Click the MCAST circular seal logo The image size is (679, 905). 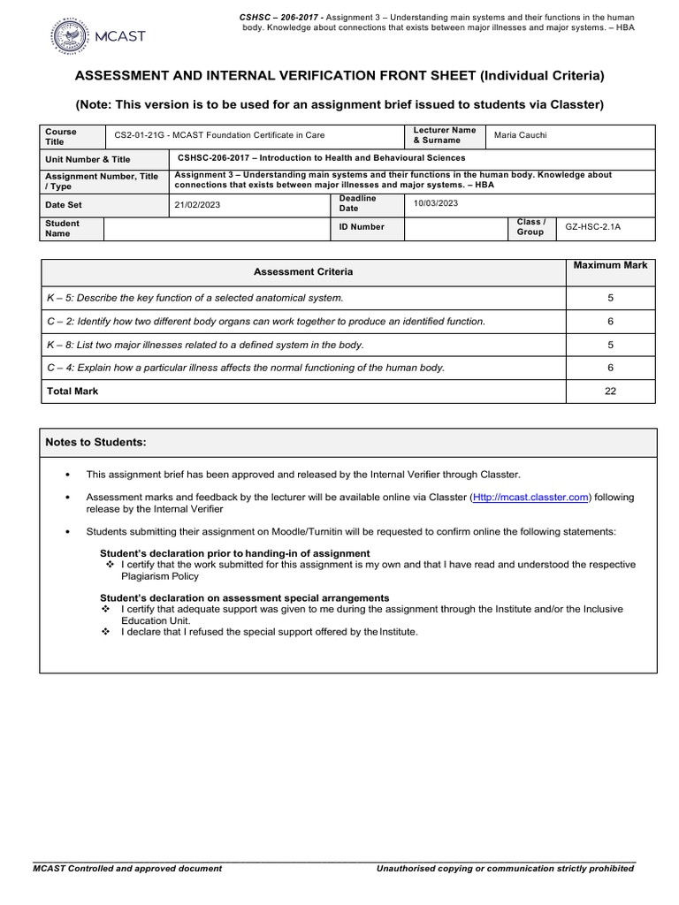(69, 36)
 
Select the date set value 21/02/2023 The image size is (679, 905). (200, 203)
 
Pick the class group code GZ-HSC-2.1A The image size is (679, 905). (593, 227)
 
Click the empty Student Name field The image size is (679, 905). (217, 228)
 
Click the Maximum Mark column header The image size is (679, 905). (610, 265)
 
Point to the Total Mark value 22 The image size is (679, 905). (610, 391)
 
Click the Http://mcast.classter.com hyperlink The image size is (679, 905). (530, 498)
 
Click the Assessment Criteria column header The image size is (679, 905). (302, 272)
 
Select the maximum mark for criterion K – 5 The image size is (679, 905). (610, 298)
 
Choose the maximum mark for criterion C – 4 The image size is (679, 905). (610, 367)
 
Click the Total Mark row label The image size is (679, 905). (72, 391)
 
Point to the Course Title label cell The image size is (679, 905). (61, 136)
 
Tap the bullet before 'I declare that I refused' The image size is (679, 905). (106, 632)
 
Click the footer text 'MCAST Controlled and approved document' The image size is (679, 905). (127, 869)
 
